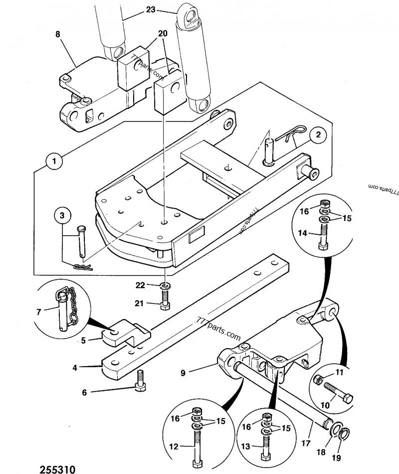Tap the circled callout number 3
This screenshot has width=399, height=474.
(62, 215)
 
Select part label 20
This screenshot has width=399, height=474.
(163, 33)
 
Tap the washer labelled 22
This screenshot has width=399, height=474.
(165, 286)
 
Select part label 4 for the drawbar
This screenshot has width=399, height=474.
(75, 368)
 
